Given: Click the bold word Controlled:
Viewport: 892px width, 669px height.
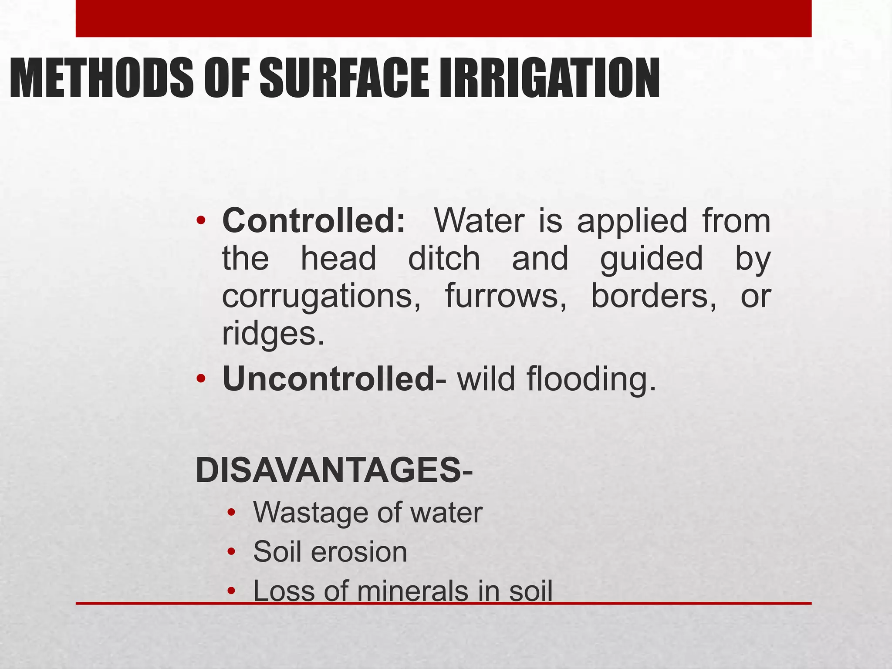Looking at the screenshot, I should tap(314, 221).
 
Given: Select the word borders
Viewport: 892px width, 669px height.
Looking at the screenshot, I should tap(653, 296).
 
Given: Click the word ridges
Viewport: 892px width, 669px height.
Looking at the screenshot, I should tap(274, 334).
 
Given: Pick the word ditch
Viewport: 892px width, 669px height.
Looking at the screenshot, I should tap(444, 258).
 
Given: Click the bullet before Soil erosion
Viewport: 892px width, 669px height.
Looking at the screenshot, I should tap(231, 552).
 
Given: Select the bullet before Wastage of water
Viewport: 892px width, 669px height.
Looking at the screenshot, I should tap(231, 513).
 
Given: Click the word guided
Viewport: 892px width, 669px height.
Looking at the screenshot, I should tap(652, 259).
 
